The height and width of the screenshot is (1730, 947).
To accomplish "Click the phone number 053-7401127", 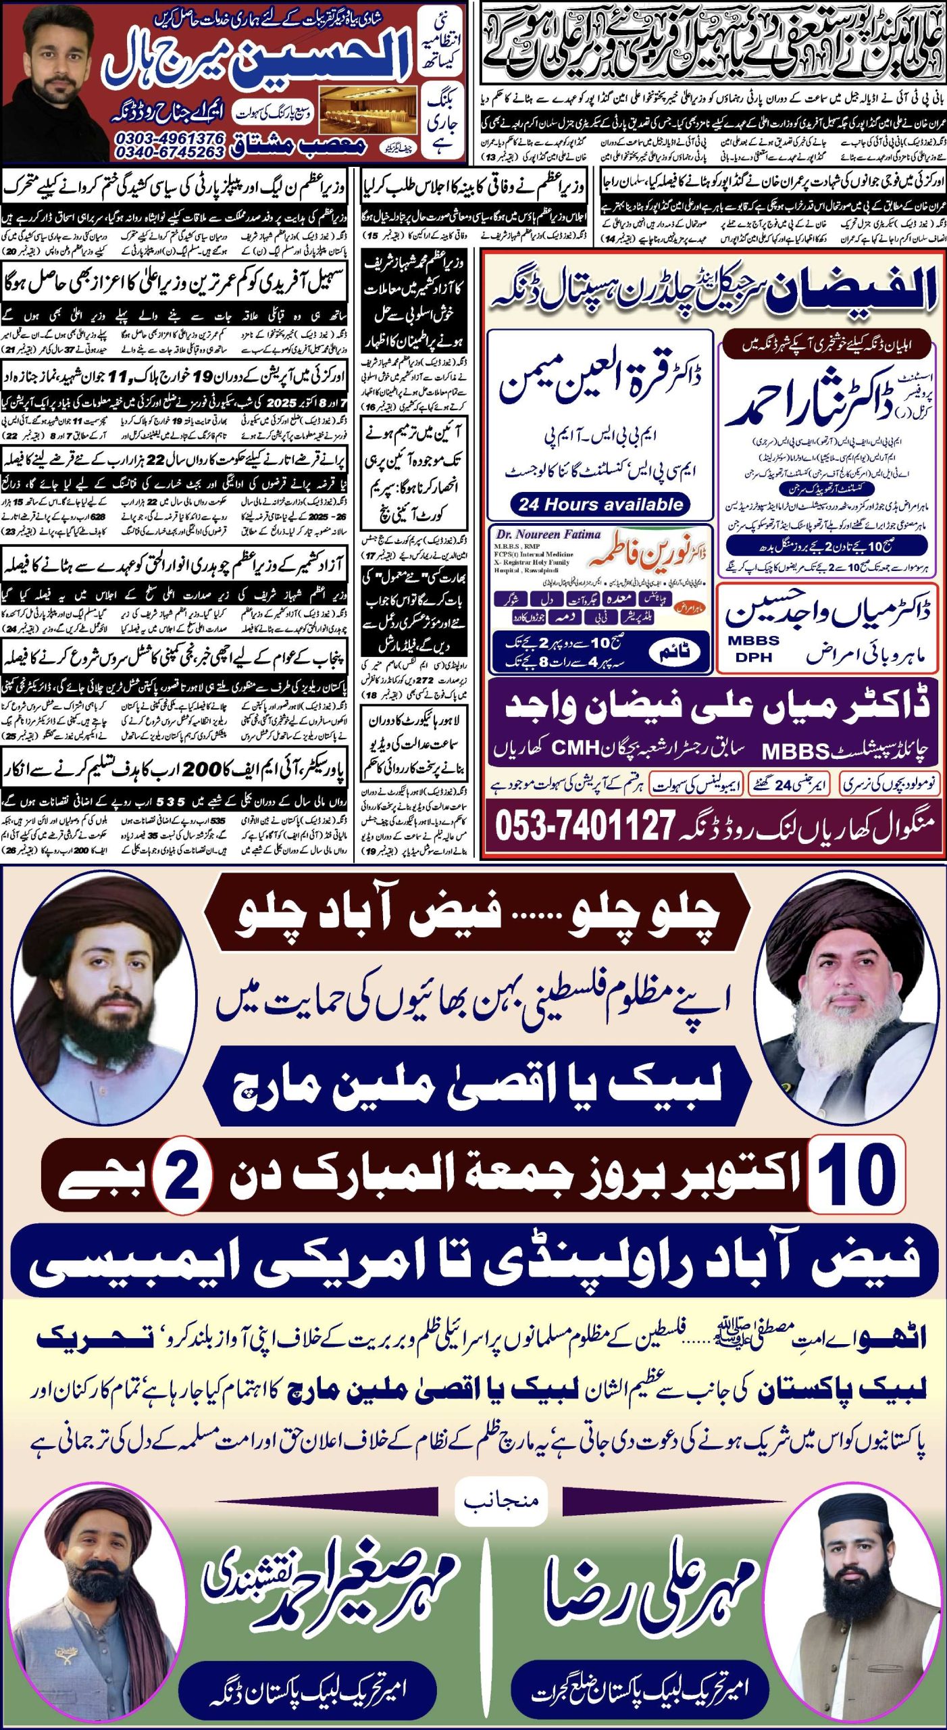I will (585, 825).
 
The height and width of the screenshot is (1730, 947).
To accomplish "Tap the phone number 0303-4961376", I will (170, 138).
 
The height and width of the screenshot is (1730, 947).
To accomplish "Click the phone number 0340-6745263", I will (170, 152).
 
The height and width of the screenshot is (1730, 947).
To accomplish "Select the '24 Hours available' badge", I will (600, 504).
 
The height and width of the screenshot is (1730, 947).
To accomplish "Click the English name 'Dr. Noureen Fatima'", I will (548, 535).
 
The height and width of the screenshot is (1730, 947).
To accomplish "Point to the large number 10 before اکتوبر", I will (856, 1175).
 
